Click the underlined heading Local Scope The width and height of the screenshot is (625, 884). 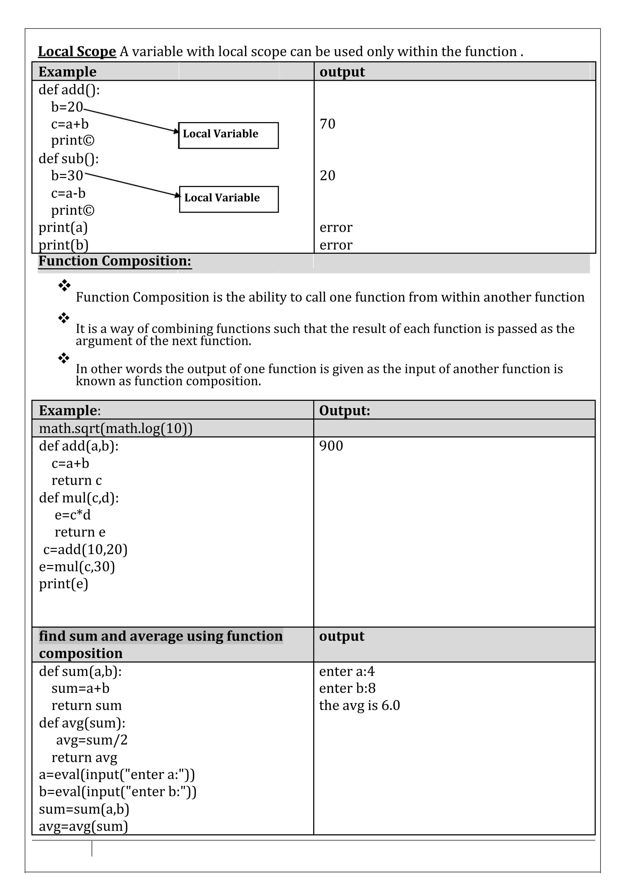(x=77, y=52)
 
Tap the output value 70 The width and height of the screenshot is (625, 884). (x=327, y=124)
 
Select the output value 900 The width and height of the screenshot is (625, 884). (x=331, y=446)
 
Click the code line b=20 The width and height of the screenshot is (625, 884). (x=67, y=107)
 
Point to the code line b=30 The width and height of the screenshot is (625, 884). (x=67, y=176)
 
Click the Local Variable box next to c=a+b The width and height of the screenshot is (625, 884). (x=228, y=135)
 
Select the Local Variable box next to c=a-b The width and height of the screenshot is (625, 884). (x=229, y=199)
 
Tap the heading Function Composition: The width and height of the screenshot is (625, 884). (x=115, y=261)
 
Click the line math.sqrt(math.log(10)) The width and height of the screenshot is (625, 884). (x=116, y=428)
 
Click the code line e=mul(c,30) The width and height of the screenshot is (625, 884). (x=77, y=566)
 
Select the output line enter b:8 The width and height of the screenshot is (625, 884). (x=347, y=688)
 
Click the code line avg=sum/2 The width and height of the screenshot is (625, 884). (x=92, y=740)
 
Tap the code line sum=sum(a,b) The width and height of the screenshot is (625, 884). (x=84, y=809)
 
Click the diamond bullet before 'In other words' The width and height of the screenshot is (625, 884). (x=64, y=358)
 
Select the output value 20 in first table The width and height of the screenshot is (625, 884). (x=327, y=176)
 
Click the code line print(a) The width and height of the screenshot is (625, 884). (x=63, y=227)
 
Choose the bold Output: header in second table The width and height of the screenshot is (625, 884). (x=344, y=411)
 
